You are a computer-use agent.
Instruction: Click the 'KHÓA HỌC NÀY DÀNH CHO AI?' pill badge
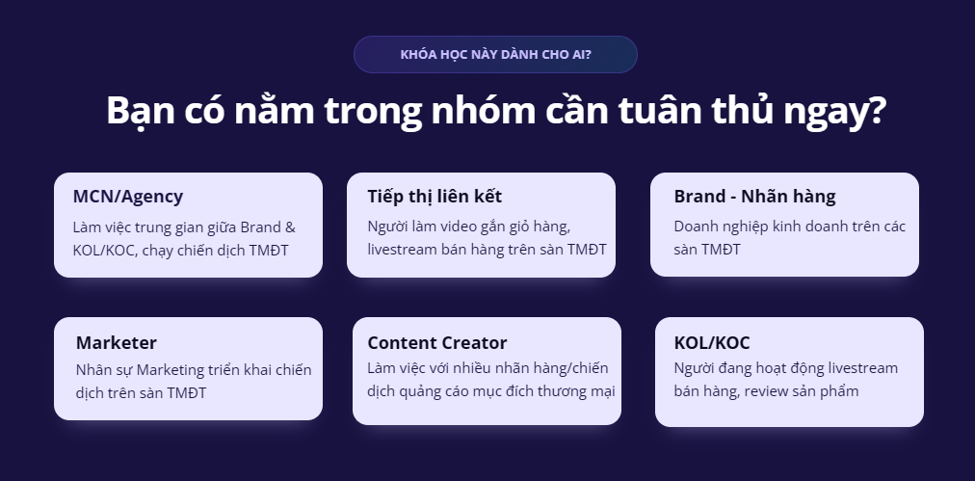coord(495,54)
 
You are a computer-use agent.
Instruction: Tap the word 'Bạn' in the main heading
coord(140,111)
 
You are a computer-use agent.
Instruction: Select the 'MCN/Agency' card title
coord(128,197)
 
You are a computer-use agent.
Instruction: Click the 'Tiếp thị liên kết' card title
coord(435,197)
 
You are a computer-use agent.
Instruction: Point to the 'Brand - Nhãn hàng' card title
coord(755,197)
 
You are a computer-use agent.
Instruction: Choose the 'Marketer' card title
coord(117,343)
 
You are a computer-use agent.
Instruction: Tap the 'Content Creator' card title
coord(437,343)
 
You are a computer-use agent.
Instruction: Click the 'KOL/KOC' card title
coord(712,343)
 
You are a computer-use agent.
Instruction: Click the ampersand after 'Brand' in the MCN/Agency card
coord(290,227)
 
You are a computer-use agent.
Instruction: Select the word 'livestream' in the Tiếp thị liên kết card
coord(401,251)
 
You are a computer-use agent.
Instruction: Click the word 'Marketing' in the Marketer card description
coord(166,371)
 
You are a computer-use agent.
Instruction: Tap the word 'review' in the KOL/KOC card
coord(765,392)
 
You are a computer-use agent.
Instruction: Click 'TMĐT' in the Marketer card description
coord(187,393)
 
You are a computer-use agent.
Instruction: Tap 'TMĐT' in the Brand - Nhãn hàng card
coord(722,251)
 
